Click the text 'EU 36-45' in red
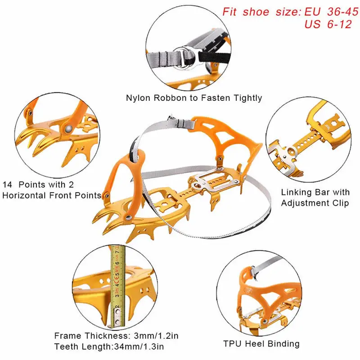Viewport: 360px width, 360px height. coord(331,12)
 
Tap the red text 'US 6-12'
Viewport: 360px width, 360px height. coord(328,24)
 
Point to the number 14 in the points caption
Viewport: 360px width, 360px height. coord(8,184)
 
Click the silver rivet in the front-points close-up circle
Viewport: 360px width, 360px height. coord(68,129)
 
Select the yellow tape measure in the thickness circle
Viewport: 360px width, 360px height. coord(118,286)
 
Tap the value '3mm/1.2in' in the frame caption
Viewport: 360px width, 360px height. coord(156,336)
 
